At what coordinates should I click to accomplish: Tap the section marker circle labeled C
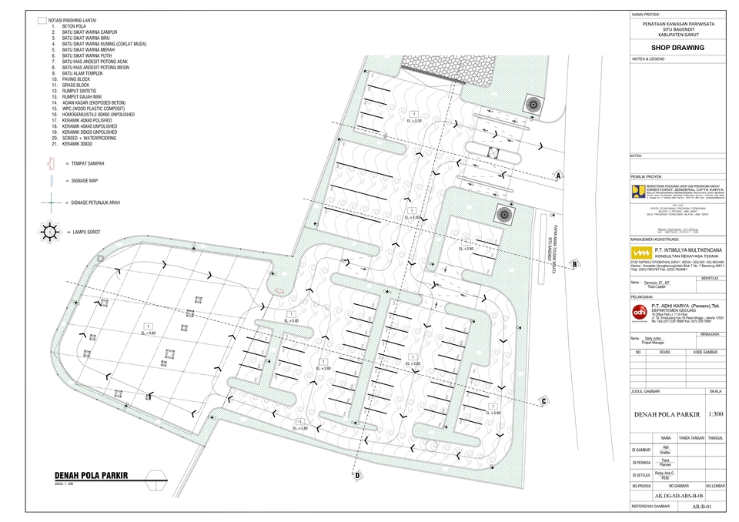point(543,400)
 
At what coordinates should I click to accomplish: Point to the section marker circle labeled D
point(358,476)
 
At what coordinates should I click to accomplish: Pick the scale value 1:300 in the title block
point(715,414)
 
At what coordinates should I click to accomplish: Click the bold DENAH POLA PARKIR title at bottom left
point(91,475)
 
